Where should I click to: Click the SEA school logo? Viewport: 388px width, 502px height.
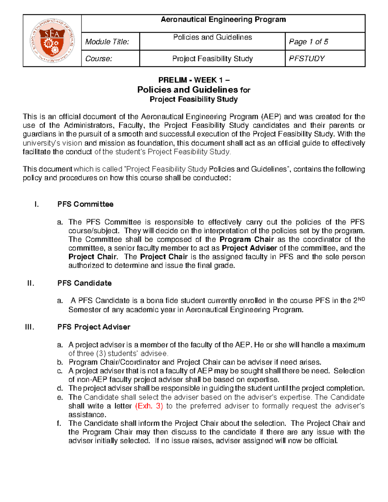point(52,41)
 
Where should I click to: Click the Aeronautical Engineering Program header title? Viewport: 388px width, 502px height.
point(223,20)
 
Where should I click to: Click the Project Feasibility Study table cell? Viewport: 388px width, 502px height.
point(212,59)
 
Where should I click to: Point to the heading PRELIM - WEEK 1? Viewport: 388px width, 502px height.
point(194,80)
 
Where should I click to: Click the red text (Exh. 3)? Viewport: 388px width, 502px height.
point(149,406)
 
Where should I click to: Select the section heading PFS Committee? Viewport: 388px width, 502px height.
point(85,204)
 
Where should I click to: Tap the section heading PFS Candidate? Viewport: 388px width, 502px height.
point(84,283)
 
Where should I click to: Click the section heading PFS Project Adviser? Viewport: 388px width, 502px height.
point(94,327)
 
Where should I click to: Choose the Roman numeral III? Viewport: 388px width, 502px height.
point(29,327)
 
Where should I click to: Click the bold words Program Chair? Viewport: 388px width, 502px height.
point(247,240)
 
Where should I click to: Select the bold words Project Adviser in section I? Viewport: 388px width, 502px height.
point(249,248)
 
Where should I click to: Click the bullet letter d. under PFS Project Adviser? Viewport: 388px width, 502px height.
point(59,389)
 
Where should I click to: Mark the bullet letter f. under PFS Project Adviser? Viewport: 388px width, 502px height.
point(59,423)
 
